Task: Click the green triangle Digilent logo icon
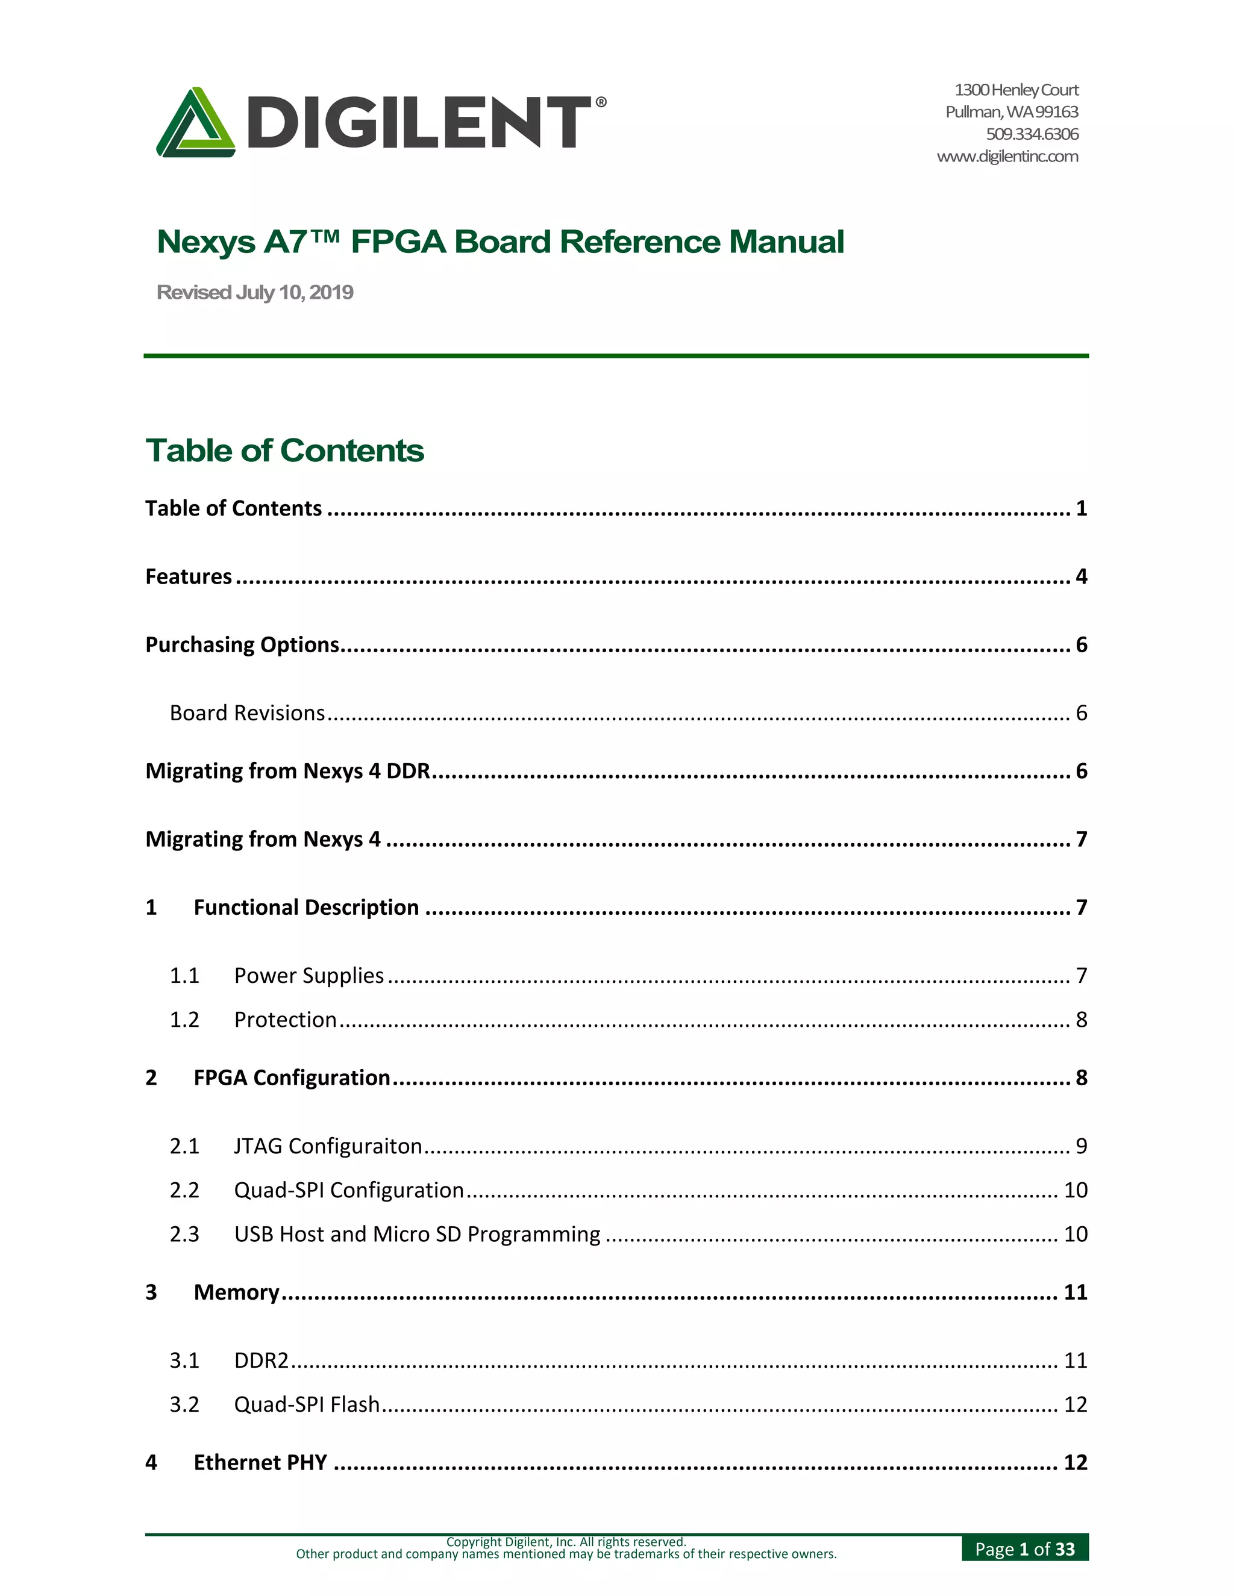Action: pos(195,123)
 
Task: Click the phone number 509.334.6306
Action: pos(1032,134)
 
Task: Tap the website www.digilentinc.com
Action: pos(1007,157)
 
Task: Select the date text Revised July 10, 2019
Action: pos(254,292)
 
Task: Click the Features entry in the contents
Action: pos(189,576)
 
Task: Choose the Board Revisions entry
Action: pos(247,712)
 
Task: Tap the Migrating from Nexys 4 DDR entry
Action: pos(288,771)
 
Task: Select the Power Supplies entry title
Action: pos(308,976)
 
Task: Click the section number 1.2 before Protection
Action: pos(184,1020)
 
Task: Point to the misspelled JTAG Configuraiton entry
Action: pos(328,1146)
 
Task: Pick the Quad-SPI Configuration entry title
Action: pos(349,1189)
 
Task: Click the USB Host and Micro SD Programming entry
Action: pos(417,1233)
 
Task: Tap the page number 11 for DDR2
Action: pos(1075,1360)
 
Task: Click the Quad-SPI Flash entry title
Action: pos(306,1404)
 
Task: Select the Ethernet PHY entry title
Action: pos(260,1462)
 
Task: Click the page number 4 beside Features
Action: pos(1081,576)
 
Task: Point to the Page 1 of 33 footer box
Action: pos(1024,1549)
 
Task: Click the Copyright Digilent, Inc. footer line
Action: pos(566,1542)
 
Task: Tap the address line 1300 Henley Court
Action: pos(1016,90)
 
